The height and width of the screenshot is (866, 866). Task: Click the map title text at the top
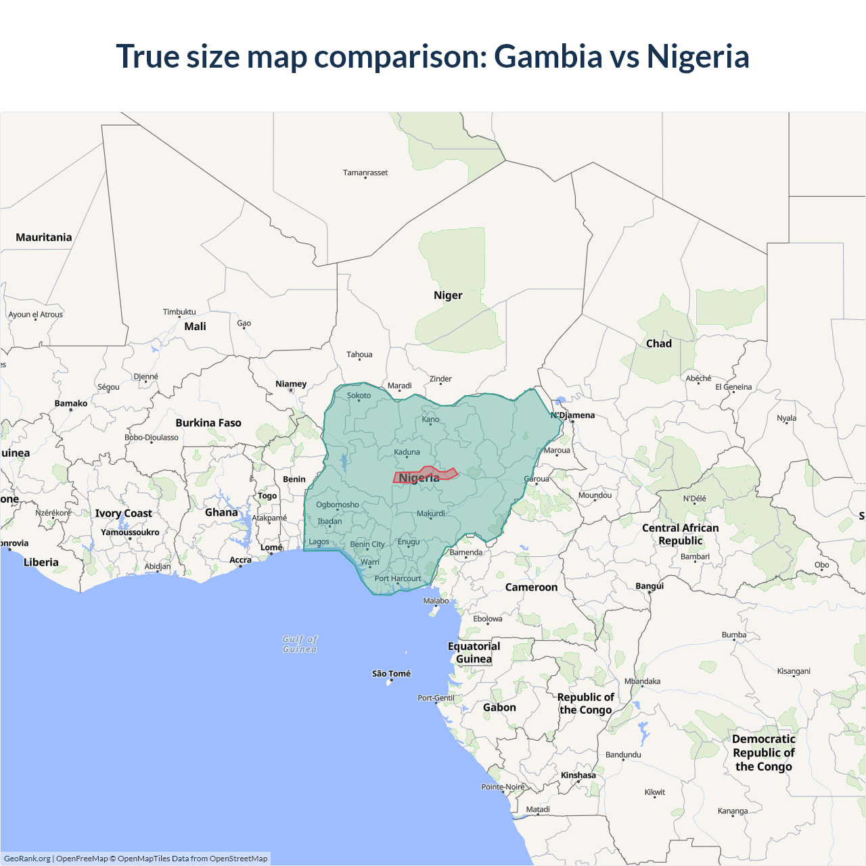(432, 56)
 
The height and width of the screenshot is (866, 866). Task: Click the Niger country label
(448, 296)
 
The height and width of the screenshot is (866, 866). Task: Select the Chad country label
(658, 344)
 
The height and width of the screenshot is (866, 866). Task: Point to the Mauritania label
(44, 237)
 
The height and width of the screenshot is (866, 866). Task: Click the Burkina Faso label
(208, 423)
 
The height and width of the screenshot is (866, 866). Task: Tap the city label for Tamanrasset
(365, 173)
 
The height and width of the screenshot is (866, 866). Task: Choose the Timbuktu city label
(179, 312)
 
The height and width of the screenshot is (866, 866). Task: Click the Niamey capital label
(291, 384)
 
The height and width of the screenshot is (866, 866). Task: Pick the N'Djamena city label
(573, 415)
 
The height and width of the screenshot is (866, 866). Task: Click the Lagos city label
(319, 541)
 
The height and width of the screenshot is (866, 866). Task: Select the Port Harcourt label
(398, 578)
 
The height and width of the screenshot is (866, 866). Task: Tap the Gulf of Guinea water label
(300, 644)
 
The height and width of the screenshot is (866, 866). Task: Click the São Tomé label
(391, 673)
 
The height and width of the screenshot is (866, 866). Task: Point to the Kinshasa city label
(578, 775)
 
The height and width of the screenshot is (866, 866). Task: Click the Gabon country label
(499, 708)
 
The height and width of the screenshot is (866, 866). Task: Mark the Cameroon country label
(531, 587)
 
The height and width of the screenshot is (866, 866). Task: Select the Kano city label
(430, 419)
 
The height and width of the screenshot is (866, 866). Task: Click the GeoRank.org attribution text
(27, 859)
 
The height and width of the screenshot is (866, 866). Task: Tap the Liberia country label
(41, 562)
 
